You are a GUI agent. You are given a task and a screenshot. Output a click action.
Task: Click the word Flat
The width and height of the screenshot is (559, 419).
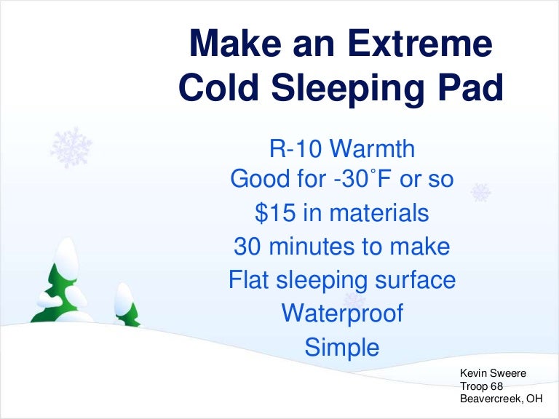pyautogui.click(x=249, y=280)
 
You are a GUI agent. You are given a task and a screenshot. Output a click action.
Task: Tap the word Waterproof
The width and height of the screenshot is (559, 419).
pyautogui.click(x=341, y=314)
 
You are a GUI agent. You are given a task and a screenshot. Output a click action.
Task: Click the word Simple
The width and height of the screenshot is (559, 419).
pyautogui.click(x=342, y=347)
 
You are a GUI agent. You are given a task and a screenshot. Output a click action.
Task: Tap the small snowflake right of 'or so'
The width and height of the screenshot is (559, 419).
pyautogui.click(x=480, y=192)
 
